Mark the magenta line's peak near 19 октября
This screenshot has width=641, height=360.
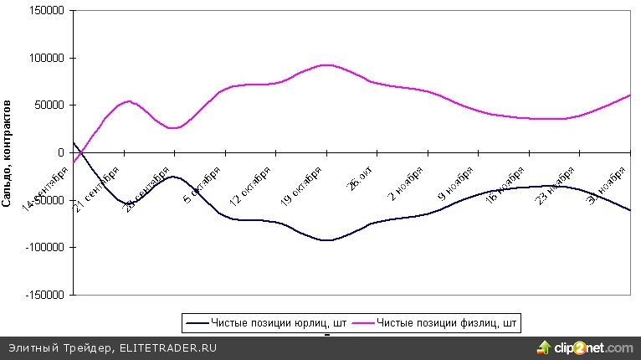pos(326,64)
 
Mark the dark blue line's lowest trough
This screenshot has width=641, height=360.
pos(326,240)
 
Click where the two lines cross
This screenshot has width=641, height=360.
pos(82,152)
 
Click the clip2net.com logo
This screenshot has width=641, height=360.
pos(586,347)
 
